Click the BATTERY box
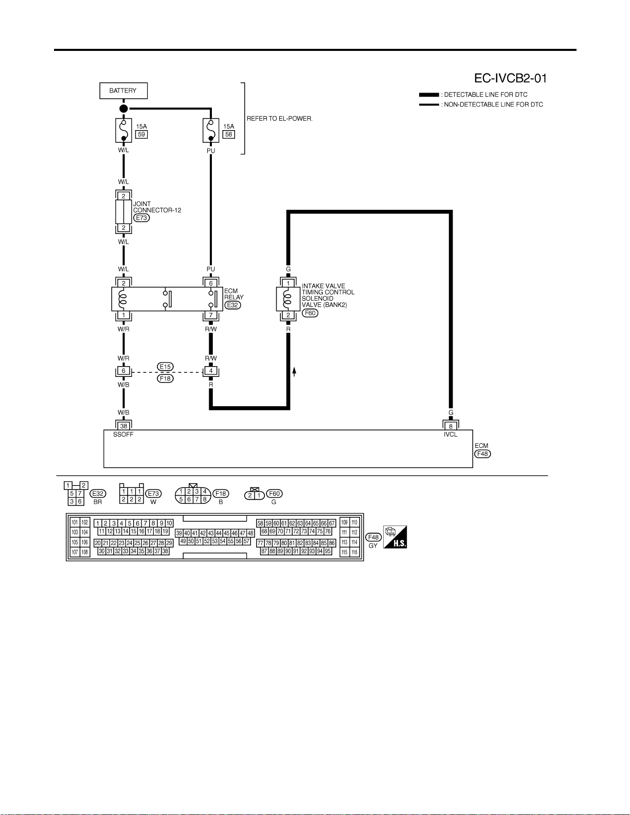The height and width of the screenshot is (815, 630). coord(123,91)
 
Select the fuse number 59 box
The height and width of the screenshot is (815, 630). coord(141,134)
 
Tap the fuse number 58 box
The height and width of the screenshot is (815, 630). coord(229,134)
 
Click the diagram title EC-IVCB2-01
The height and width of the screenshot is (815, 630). coord(510,78)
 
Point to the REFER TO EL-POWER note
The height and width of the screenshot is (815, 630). coord(279,118)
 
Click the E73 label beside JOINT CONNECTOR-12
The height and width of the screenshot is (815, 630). coord(141,218)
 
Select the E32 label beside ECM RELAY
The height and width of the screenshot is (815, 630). coord(232,305)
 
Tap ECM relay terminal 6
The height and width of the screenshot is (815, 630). coord(211,283)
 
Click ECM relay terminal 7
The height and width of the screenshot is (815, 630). coord(211,315)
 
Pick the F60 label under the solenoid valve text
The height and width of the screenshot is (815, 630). coord(310,313)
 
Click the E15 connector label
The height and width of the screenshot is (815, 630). coord(166,367)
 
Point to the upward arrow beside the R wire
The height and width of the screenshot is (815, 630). coord(294,372)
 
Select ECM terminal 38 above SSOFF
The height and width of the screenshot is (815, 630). coord(123,426)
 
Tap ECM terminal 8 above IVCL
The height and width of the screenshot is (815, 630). coord(451,426)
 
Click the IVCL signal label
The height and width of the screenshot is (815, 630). coord(451,434)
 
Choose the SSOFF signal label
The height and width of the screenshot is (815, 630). coord(123,434)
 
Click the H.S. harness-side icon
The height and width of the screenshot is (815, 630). coord(395,537)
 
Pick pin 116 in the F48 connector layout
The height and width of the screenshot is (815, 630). coord(354,552)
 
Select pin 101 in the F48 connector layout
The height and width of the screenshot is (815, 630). coord(75,522)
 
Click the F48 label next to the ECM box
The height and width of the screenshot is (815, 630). coord(482,454)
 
